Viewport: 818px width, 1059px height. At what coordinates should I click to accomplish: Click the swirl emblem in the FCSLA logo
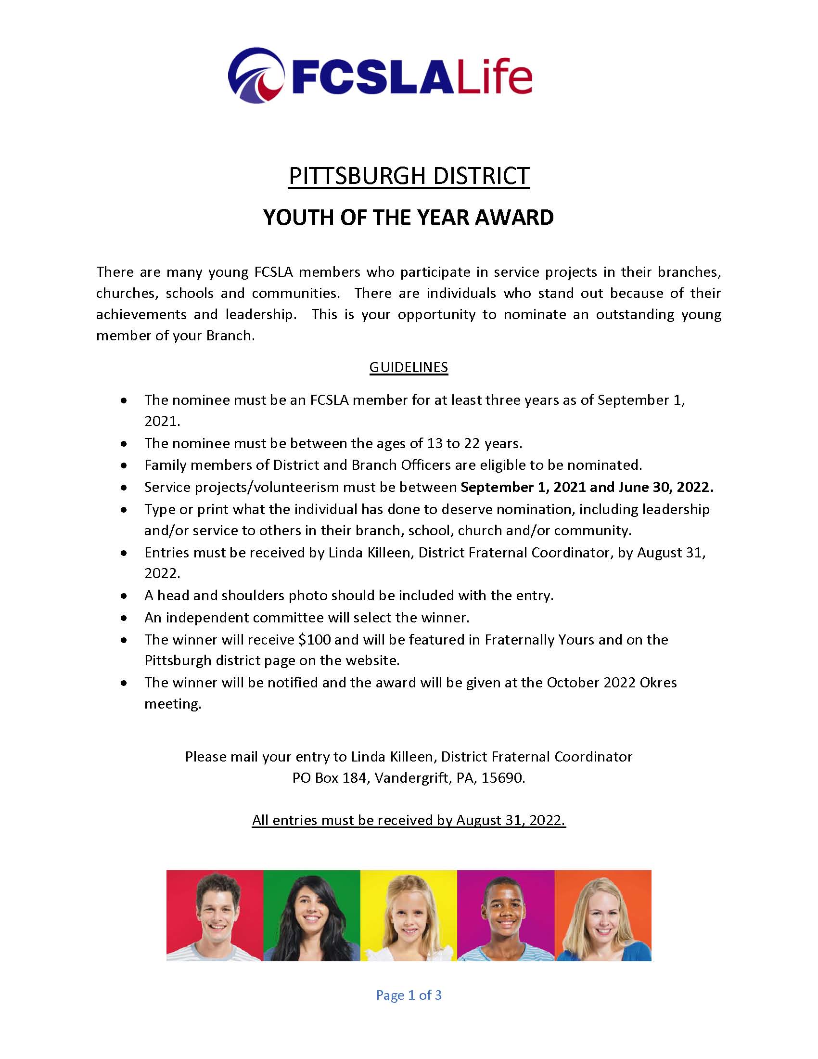(x=256, y=75)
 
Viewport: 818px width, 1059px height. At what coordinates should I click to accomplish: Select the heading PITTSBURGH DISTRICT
(x=409, y=176)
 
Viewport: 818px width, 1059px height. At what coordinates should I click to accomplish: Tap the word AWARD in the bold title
(x=514, y=217)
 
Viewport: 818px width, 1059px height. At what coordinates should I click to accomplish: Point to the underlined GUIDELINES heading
(x=409, y=367)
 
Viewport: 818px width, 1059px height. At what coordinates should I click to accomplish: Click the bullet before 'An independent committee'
(x=125, y=618)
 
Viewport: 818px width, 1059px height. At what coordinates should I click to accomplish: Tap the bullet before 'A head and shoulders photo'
(x=125, y=596)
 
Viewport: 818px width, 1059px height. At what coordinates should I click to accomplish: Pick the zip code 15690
(x=502, y=778)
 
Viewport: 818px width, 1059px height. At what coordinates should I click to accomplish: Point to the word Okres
(x=658, y=682)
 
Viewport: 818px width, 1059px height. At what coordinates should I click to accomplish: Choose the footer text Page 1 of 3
(x=409, y=995)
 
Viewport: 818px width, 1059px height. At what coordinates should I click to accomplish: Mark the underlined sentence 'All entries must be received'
(x=409, y=820)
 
